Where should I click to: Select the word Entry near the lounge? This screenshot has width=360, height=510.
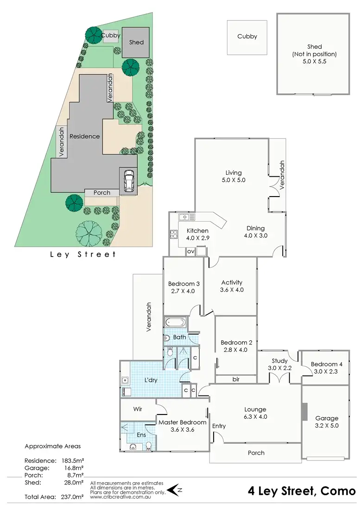(219, 426)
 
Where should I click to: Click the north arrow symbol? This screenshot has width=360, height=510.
(173, 489)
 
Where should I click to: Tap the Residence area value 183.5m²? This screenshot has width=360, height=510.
(72, 461)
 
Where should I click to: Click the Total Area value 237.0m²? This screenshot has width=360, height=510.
(72, 497)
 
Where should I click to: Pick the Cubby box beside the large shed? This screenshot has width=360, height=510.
(247, 37)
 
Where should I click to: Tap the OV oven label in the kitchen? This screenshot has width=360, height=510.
(190, 252)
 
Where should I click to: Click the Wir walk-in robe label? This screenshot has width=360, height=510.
(138, 409)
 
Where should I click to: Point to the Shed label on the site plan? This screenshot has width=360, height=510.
(136, 42)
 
